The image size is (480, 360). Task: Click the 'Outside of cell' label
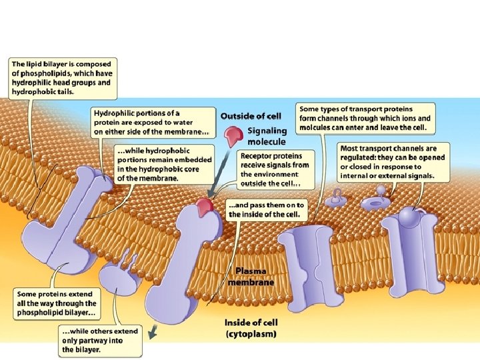pyautogui.click(x=251, y=117)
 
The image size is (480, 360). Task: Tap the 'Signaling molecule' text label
pyautogui.click(x=267, y=136)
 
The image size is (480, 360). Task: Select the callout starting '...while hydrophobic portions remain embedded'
pyautogui.click(x=165, y=164)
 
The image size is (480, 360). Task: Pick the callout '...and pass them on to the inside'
pyautogui.click(x=266, y=209)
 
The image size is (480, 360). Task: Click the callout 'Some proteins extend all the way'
pyautogui.click(x=57, y=303)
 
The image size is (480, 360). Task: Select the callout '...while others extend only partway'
pyautogui.click(x=99, y=340)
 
